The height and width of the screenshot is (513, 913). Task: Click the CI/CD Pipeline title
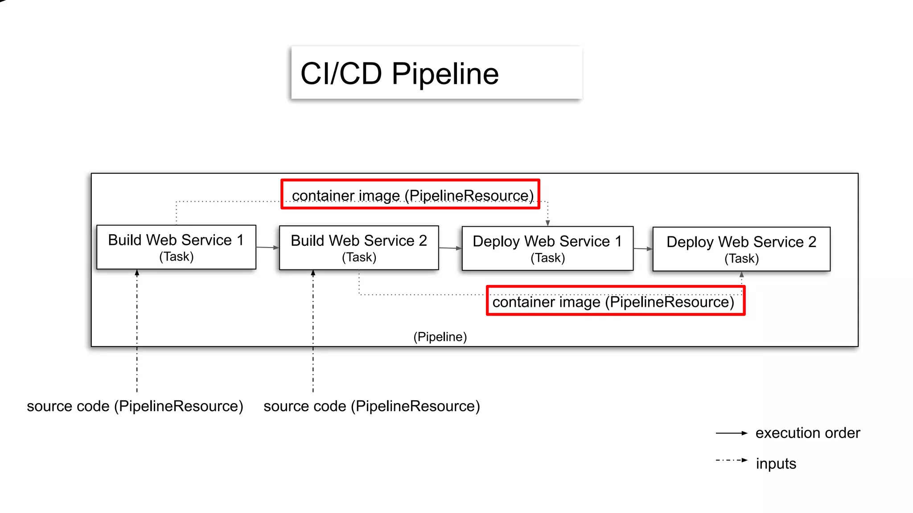(399, 73)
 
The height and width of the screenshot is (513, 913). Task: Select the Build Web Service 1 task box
(176, 247)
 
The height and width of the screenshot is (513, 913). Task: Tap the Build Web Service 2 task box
(359, 248)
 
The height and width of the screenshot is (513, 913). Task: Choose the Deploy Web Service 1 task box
(547, 248)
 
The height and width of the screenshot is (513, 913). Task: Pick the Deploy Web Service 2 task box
(741, 249)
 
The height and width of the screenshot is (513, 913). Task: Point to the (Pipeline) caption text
(440, 337)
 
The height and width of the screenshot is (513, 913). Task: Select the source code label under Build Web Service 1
(135, 406)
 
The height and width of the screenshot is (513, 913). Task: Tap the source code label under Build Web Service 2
(371, 406)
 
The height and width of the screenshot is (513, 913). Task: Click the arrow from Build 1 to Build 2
(267, 248)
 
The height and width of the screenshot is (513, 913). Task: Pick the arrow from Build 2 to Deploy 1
(450, 248)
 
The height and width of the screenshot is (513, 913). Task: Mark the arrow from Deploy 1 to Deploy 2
(643, 249)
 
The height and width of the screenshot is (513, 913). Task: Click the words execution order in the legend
(807, 433)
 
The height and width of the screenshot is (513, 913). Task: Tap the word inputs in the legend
(776, 464)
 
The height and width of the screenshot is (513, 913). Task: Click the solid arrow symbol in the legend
(731, 433)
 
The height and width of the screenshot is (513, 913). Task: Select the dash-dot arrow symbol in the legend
(731, 460)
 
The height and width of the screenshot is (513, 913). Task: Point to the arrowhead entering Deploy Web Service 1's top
(548, 223)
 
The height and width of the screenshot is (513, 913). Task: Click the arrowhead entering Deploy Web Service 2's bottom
(742, 275)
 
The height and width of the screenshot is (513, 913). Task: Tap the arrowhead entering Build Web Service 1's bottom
(137, 273)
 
